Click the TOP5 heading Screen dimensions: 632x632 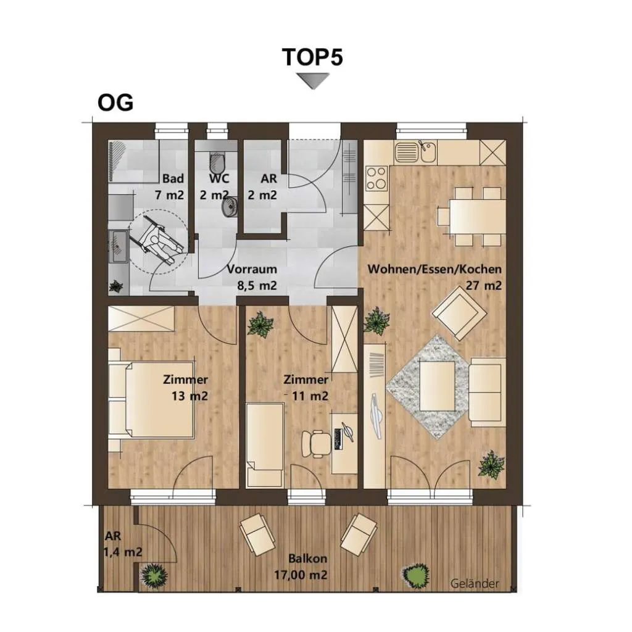tap(312, 57)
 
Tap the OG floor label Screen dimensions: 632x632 tap(115, 103)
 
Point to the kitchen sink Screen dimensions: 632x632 tap(415, 152)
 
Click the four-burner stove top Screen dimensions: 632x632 tap(376, 178)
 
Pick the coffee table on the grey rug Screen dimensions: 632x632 tap(438, 386)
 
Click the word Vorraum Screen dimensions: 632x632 tap(252, 269)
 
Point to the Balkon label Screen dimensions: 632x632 tap(307, 559)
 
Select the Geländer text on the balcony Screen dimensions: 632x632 tap(475, 584)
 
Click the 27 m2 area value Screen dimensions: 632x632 tap(484, 285)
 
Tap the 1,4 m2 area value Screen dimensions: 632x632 tap(123, 552)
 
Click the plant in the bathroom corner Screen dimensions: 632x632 tap(116, 286)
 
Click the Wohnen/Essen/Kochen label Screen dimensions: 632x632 tap(434, 269)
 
